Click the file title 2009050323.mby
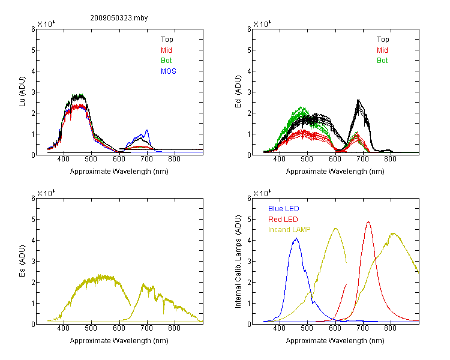coord(119,18)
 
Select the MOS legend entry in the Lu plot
coord(169,71)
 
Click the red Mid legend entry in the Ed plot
coord(382,50)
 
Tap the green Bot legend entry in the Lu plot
coord(166,61)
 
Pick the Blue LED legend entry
coord(284,209)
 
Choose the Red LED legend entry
coord(283,220)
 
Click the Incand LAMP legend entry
coord(289,230)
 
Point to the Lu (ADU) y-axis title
coord(22,92)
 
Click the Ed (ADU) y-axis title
coord(238,92)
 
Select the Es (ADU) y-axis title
coord(22,261)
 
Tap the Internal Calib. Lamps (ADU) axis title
coord(238,262)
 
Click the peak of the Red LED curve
coord(368,222)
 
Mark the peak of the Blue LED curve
coord(297,238)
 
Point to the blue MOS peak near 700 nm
coord(147,130)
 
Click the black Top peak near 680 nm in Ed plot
coord(358,100)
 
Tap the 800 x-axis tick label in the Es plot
coord(174,328)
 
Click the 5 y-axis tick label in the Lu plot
coord(33,50)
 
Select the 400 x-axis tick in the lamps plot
coord(280,328)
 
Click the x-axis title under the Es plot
coord(119,341)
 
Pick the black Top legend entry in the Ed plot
coord(383,40)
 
